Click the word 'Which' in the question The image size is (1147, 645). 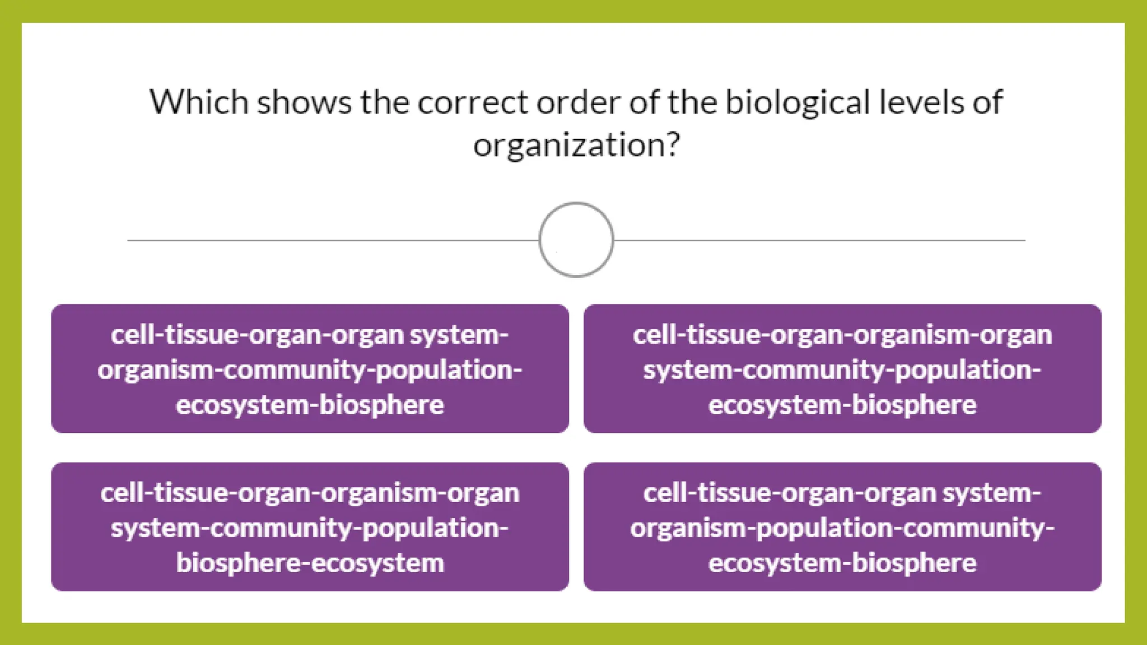[199, 102]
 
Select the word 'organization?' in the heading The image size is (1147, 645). [576, 146]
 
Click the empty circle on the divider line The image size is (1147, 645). [576, 240]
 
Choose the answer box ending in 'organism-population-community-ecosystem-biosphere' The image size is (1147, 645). [842, 527]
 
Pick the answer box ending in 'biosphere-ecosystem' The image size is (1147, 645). [310, 527]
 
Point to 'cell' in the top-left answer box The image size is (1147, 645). [130, 335]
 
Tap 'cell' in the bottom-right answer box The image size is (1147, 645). [663, 493]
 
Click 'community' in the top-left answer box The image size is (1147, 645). [295, 370]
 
